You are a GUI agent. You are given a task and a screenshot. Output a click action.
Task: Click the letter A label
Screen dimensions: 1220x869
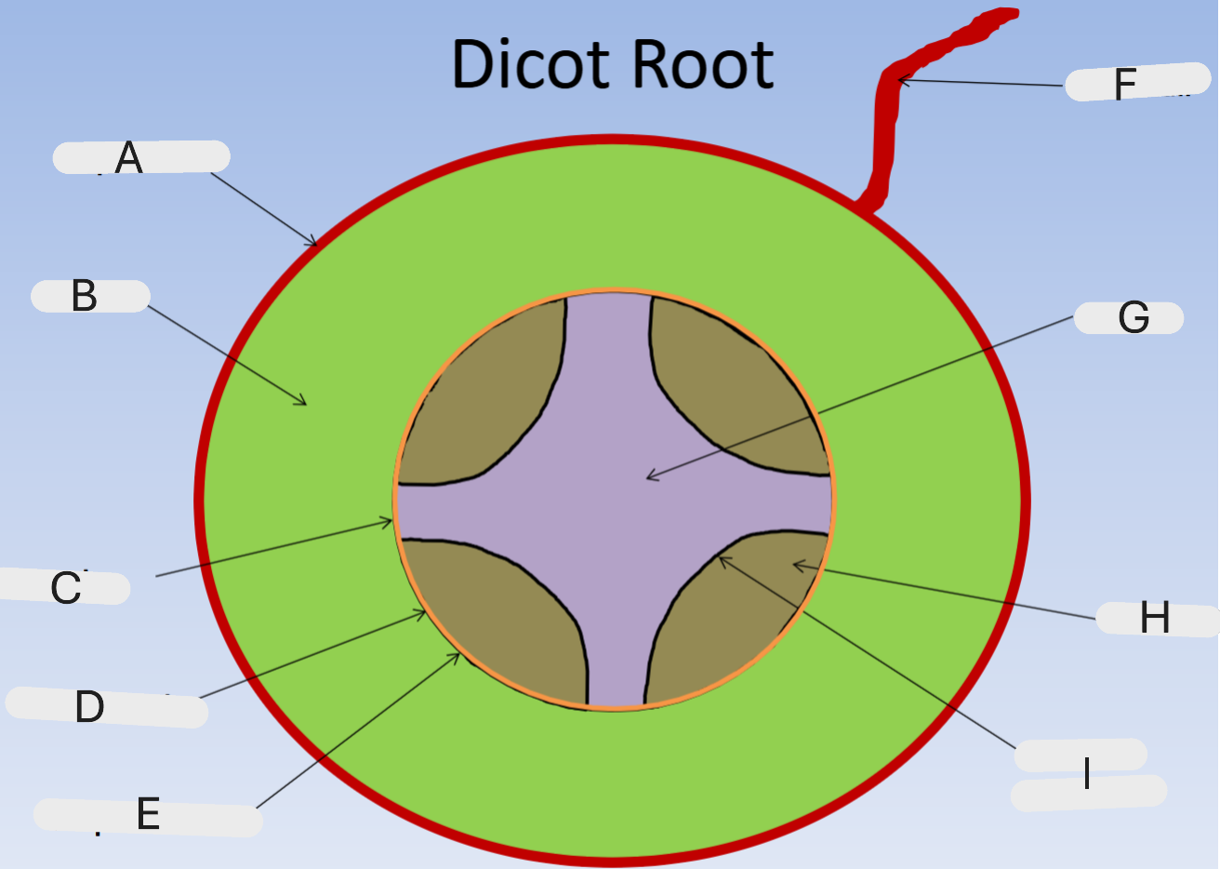point(129,158)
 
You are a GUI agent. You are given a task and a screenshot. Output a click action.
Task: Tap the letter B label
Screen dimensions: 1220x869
point(84,296)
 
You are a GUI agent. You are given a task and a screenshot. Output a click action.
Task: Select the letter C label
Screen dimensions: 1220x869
point(66,588)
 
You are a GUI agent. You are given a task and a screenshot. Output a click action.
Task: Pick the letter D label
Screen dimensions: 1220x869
point(89,707)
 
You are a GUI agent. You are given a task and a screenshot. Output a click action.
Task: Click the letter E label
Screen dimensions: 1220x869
point(148,814)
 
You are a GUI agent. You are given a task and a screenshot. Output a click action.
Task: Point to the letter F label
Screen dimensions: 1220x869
point(1125,85)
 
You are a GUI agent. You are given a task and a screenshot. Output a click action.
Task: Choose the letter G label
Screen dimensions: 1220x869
point(1134,318)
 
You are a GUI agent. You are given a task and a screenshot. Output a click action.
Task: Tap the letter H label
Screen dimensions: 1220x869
point(1154,618)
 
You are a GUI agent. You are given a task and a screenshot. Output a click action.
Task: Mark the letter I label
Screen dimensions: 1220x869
point(1086,773)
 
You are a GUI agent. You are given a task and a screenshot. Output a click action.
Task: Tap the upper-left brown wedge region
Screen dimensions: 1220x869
point(484,400)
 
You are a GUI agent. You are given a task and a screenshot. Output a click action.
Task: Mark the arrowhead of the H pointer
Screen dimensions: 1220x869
point(795,565)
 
